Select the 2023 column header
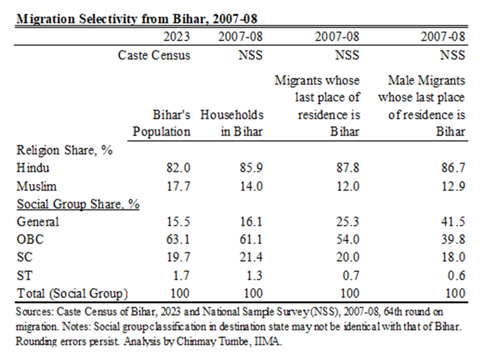[x=177, y=37]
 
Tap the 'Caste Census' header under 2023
[x=154, y=55]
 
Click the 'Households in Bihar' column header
[x=232, y=123]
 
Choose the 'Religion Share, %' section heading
[x=65, y=151]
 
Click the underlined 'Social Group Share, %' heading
[x=78, y=204]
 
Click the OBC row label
[x=30, y=240]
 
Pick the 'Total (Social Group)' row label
[x=73, y=293]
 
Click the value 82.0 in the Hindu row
[x=178, y=168]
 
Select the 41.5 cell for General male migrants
[x=454, y=222]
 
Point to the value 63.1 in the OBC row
[x=178, y=240]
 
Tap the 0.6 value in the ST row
[x=456, y=276]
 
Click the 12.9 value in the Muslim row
[x=454, y=186]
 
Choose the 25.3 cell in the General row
[x=348, y=222]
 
